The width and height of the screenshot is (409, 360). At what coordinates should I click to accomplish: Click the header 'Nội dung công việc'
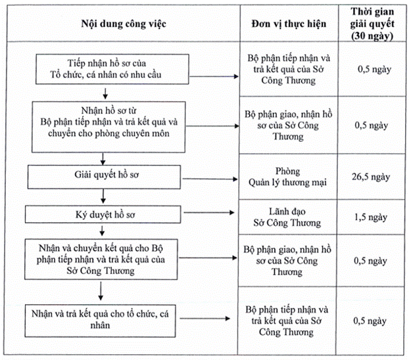coord(124,24)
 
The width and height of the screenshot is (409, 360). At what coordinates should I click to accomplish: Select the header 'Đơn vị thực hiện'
coord(289,24)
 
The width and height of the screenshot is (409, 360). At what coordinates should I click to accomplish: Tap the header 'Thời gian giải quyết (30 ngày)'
coord(372,24)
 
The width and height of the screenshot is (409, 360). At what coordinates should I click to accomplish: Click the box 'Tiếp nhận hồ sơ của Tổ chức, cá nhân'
coord(112,69)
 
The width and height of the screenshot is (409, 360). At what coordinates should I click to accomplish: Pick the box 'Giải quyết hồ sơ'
coord(104,177)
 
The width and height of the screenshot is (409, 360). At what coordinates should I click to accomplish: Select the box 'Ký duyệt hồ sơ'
coord(103,214)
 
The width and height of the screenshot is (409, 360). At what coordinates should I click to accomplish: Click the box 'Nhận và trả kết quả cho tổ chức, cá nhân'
coord(100,321)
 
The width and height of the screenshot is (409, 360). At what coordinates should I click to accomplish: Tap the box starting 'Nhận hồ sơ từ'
coord(108,127)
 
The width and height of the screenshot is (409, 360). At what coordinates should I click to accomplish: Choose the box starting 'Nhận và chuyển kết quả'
coord(101,259)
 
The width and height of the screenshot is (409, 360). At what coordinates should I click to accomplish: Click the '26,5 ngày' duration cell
coord(371,177)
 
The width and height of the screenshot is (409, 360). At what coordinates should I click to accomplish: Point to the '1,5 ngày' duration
coord(371,217)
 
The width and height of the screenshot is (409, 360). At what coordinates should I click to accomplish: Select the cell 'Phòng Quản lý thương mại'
coord(287,177)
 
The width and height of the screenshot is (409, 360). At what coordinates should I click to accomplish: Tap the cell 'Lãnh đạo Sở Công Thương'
coord(287,217)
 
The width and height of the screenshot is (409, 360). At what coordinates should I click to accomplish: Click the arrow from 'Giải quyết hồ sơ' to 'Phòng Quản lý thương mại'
coord(210,179)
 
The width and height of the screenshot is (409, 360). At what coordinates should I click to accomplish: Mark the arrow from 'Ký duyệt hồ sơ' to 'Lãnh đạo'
coord(209,212)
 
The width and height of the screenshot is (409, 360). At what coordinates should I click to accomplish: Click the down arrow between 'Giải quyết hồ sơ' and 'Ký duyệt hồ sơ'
coord(103,196)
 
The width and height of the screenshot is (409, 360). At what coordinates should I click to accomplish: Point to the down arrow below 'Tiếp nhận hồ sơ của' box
coord(105,93)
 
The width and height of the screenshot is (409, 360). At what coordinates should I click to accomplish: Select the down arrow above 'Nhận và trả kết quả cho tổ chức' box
coord(101,291)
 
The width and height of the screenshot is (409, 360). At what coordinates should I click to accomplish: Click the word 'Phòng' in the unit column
coord(288,171)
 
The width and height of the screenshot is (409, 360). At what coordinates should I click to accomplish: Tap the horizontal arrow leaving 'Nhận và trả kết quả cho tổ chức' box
coord(205,319)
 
